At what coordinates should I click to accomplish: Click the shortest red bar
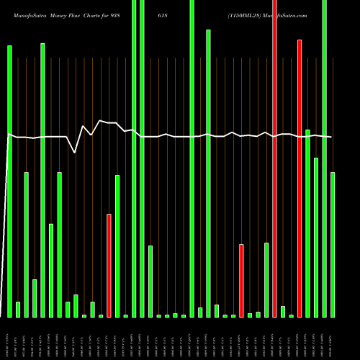tap(241, 280)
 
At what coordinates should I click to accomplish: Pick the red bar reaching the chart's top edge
tap(274, 158)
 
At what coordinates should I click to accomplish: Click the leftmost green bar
tap(9, 181)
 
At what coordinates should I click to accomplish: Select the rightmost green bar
tap(333, 244)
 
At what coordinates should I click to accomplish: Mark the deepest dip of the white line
tap(75, 153)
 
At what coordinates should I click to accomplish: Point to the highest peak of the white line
tap(100, 121)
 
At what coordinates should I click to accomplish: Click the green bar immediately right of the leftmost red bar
tap(117, 246)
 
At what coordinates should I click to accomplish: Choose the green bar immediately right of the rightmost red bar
tap(307, 223)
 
